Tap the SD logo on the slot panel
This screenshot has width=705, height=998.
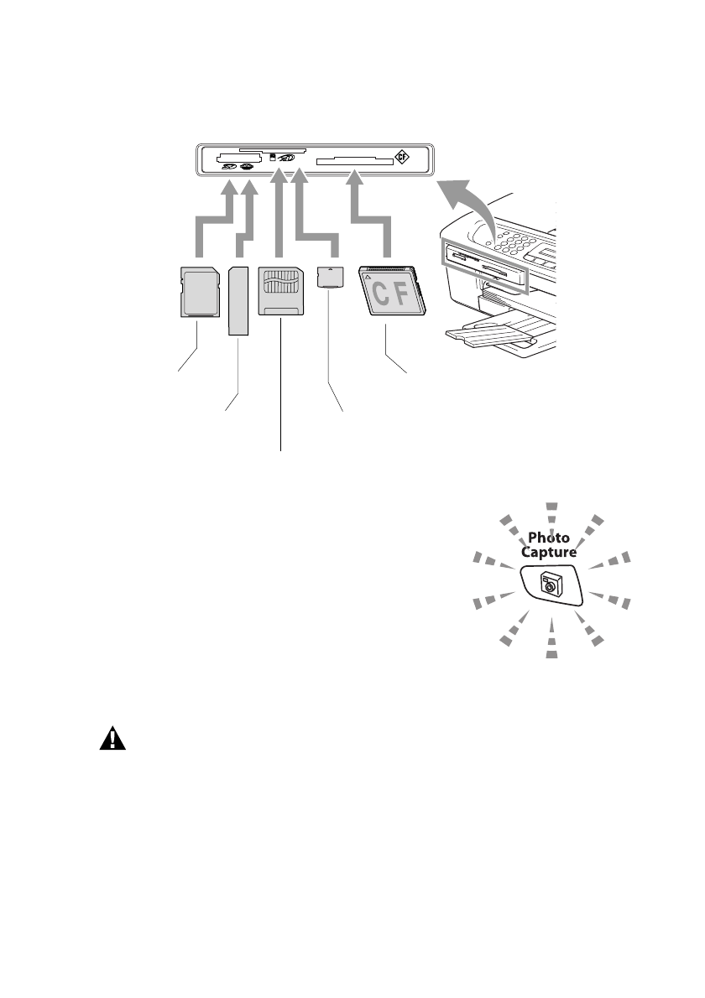(228, 166)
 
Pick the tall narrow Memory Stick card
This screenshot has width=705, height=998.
(239, 300)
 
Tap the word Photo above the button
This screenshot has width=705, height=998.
(548, 538)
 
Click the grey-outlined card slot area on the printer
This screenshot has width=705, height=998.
(483, 266)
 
